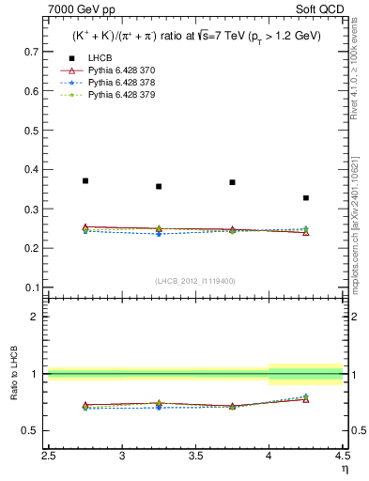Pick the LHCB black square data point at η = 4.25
306,198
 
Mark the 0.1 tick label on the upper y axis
32,287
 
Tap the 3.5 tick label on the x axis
195,457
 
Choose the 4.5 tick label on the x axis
341,457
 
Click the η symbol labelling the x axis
344,469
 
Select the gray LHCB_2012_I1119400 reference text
195,281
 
